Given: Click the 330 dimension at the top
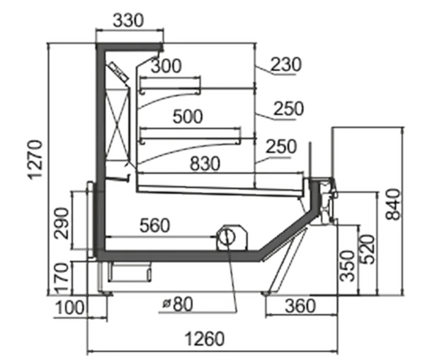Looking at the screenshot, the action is (x=128, y=21).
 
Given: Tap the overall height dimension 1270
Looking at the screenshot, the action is (x=35, y=159).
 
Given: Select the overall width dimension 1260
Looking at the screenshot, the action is (x=205, y=339).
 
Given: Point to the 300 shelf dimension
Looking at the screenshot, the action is (x=166, y=66).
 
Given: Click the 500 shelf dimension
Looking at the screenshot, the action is (x=188, y=116).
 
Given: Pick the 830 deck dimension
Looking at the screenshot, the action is (x=205, y=164).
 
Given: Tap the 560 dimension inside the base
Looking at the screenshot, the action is (x=154, y=225).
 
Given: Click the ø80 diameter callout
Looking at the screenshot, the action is (x=178, y=304).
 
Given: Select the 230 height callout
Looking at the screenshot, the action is (x=286, y=64).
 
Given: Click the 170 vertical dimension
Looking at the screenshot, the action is (x=62, y=278).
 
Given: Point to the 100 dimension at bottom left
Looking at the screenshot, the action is (x=69, y=308).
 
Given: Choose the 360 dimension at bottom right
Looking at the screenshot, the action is (x=300, y=305).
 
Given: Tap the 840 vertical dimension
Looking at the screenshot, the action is (x=393, y=205).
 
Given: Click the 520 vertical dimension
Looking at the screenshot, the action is (x=368, y=249).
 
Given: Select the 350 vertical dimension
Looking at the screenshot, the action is (x=348, y=266).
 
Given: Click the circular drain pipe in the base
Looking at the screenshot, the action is (x=227, y=237).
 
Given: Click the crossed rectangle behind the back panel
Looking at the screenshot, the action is (x=118, y=124).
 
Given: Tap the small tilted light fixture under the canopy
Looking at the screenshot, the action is (x=118, y=72).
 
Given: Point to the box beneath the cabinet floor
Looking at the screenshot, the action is (x=130, y=272).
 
